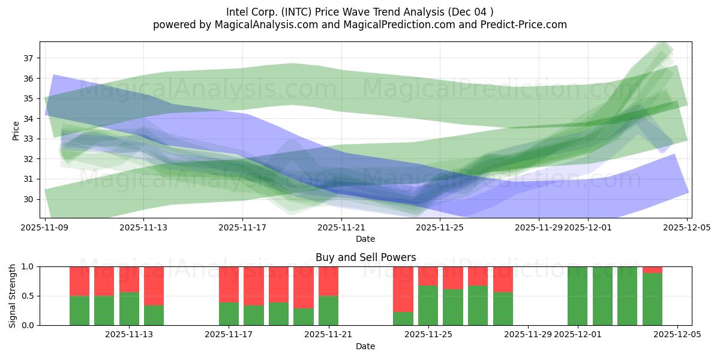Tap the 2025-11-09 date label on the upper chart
coord(45,227)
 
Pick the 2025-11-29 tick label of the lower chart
coord(528,335)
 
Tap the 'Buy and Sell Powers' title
coord(365,257)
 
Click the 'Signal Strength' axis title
coord(13,296)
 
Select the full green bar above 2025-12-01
coord(577,296)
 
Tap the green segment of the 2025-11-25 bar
coord(428,305)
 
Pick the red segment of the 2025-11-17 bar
coord(229,284)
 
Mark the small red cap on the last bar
coord(652,269)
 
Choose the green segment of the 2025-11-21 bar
coord(328,310)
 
